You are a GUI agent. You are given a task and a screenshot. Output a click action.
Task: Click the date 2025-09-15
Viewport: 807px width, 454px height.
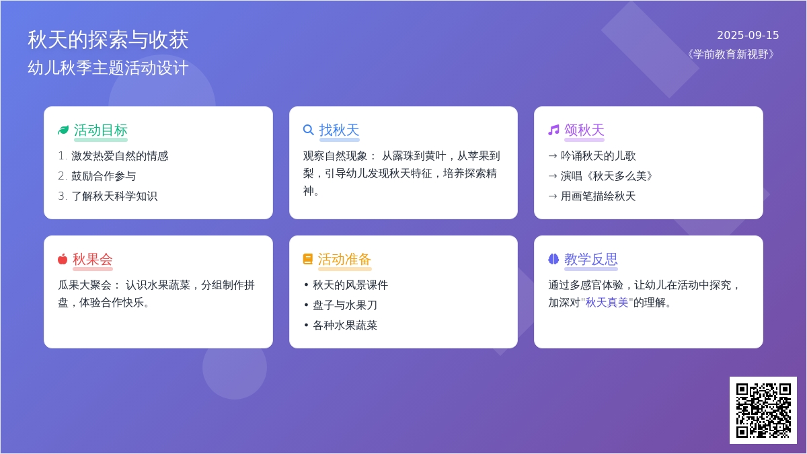click(748, 35)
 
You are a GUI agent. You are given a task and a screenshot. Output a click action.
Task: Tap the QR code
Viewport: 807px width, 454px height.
click(763, 410)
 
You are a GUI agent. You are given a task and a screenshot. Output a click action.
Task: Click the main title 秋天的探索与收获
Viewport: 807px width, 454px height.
click(108, 40)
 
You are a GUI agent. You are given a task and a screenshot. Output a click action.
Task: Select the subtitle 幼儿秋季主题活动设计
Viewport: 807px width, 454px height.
click(108, 68)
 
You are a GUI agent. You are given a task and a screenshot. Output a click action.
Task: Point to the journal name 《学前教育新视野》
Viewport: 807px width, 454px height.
click(731, 54)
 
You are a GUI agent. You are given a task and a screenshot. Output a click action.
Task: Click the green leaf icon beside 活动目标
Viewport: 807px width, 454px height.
click(63, 130)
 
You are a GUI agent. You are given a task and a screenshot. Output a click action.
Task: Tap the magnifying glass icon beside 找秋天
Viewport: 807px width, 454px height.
click(309, 130)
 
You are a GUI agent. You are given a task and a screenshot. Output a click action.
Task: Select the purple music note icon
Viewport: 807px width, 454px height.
click(553, 130)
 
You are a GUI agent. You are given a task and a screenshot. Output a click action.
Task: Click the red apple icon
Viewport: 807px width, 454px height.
click(63, 259)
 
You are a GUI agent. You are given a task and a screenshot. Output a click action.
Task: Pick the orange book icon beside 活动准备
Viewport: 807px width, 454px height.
click(308, 259)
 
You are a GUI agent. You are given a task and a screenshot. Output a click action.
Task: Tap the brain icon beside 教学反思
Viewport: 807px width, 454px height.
click(553, 259)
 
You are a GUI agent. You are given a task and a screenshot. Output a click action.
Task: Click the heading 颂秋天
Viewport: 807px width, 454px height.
click(584, 130)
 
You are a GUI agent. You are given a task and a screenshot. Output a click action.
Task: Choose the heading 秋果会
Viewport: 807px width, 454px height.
click(93, 259)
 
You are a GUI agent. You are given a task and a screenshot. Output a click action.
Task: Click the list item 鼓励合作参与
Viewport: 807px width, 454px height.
click(104, 176)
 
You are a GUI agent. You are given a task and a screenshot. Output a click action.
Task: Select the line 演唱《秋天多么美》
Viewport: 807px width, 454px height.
click(607, 176)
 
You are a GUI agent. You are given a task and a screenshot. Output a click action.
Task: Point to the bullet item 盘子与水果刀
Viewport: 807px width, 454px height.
click(345, 305)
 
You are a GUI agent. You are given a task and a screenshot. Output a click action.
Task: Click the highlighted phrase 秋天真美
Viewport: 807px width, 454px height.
click(607, 303)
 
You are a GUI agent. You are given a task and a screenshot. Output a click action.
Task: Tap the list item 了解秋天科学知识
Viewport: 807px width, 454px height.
click(114, 196)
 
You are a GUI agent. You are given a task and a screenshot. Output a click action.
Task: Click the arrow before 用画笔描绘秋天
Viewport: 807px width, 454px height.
click(553, 196)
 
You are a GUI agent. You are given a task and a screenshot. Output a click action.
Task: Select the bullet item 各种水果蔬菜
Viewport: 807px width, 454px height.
click(345, 326)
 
